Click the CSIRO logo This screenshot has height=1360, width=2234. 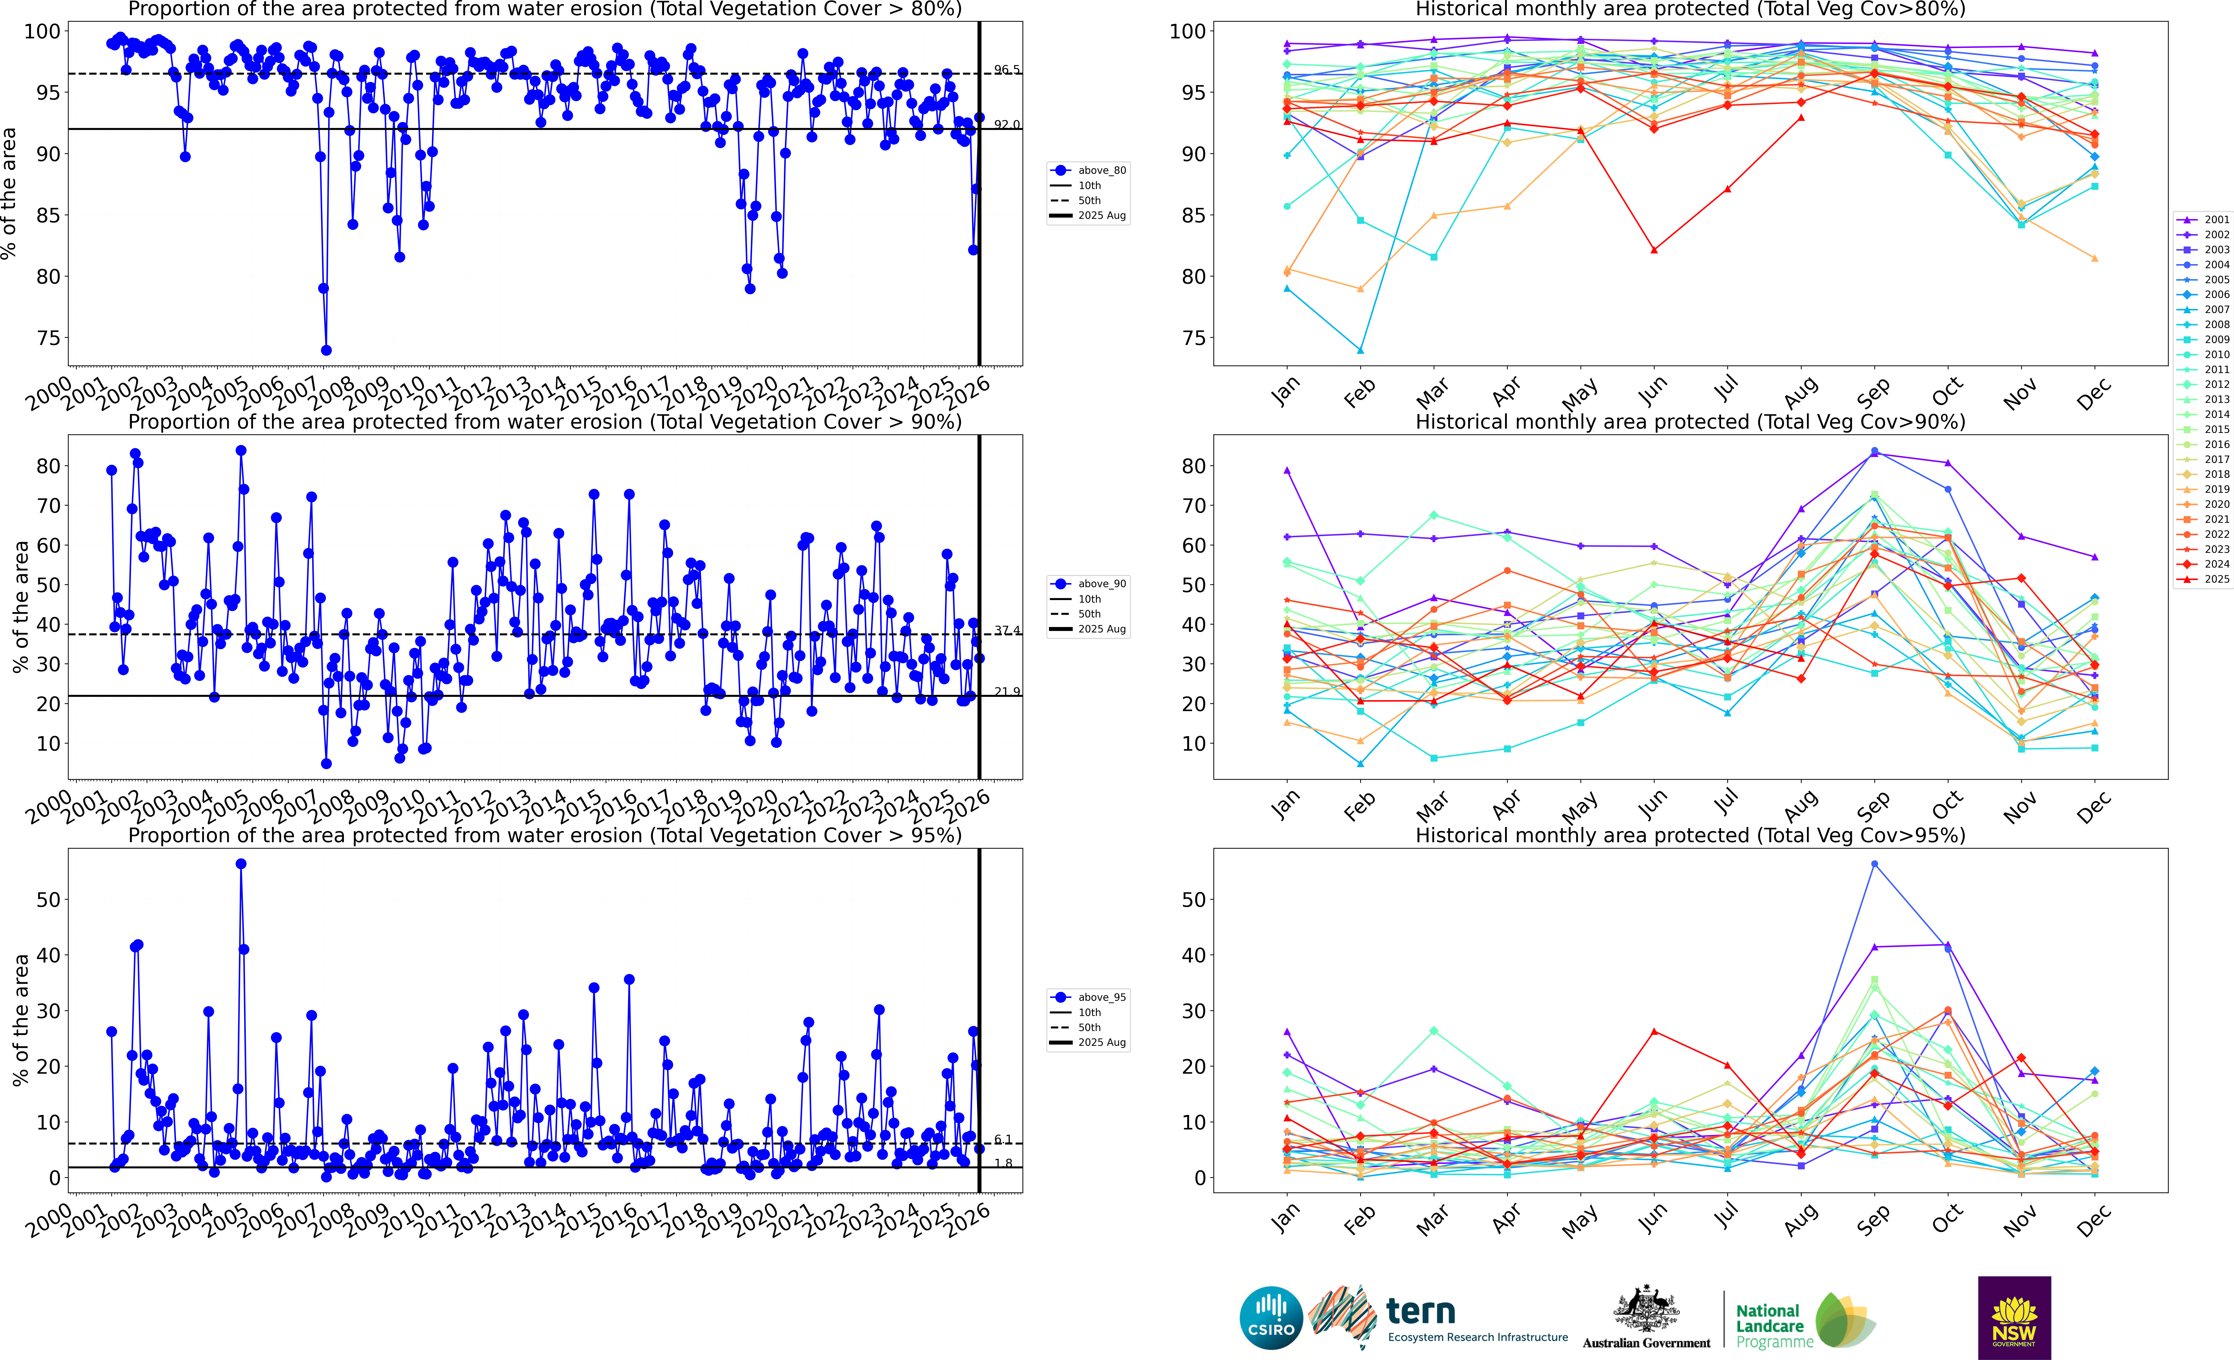(x=1271, y=1317)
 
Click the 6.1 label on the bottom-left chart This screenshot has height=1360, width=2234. (x=1003, y=1140)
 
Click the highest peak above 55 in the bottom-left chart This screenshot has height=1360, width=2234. (x=241, y=864)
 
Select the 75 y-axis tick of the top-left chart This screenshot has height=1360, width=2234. (x=48, y=338)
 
